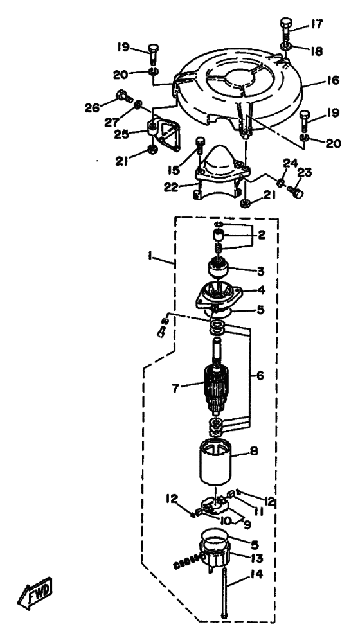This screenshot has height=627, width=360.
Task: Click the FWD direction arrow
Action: [35, 592]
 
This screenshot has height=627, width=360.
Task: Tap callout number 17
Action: [316, 25]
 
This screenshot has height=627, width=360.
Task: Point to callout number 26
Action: [93, 107]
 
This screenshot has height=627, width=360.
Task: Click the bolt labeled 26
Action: [124, 96]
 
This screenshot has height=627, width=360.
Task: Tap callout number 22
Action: [172, 187]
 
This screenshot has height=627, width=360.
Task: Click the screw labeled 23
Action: [295, 193]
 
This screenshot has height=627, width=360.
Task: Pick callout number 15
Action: [174, 170]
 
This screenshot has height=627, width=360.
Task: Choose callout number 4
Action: [260, 290]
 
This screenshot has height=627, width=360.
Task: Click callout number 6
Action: [260, 376]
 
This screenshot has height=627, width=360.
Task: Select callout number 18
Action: [316, 51]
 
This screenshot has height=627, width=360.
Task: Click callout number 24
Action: [291, 163]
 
